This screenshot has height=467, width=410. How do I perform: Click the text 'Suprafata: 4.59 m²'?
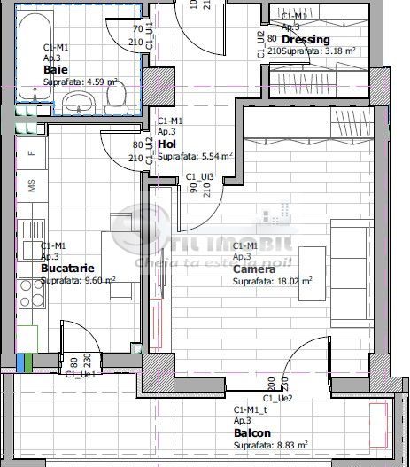(x=81, y=81)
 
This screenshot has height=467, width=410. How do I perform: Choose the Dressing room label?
(x=306, y=40)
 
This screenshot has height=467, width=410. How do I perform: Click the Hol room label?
(x=166, y=143)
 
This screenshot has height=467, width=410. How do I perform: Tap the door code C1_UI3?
(x=199, y=177)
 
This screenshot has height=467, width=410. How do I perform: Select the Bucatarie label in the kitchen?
(x=66, y=267)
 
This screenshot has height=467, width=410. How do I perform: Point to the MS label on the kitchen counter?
(x=31, y=186)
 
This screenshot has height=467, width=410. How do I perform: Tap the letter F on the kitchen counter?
(x=31, y=152)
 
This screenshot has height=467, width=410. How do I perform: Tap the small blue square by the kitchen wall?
(x=20, y=362)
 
